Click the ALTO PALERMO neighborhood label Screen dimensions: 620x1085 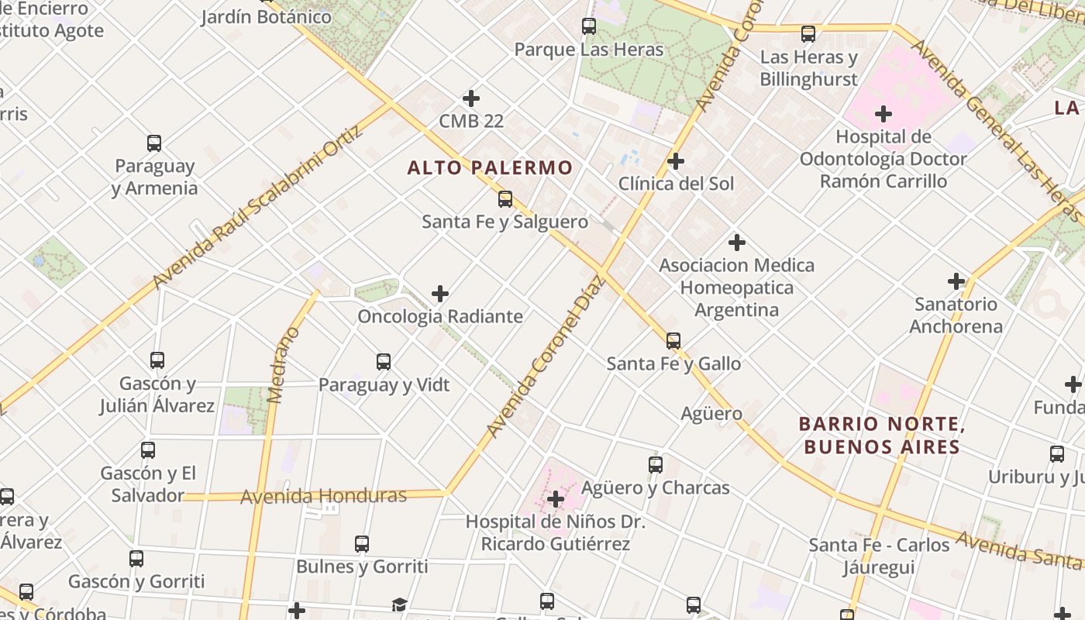click(x=490, y=167)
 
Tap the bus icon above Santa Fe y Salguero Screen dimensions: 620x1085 click(x=505, y=199)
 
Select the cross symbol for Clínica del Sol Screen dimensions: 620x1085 click(x=676, y=161)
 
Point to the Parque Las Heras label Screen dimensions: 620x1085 click(x=589, y=50)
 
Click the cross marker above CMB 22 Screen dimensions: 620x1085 click(x=470, y=98)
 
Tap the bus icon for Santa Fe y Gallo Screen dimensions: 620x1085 click(x=673, y=340)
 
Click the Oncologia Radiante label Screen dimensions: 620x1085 click(x=440, y=316)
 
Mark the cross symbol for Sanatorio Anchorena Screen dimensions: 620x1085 click(x=956, y=281)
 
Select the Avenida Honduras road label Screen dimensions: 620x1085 click(x=323, y=495)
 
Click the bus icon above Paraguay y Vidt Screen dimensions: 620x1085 click(x=384, y=362)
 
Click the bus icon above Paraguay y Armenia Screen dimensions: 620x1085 click(x=154, y=143)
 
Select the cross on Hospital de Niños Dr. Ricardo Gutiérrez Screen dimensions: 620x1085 click(x=555, y=499)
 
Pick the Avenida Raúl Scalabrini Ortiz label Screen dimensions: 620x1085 click(x=258, y=207)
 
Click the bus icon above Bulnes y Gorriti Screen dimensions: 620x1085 click(x=362, y=544)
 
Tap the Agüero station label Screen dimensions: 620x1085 click(x=711, y=414)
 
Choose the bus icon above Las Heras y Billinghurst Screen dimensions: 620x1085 click(x=808, y=34)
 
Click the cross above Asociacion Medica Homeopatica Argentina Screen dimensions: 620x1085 click(x=736, y=243)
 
